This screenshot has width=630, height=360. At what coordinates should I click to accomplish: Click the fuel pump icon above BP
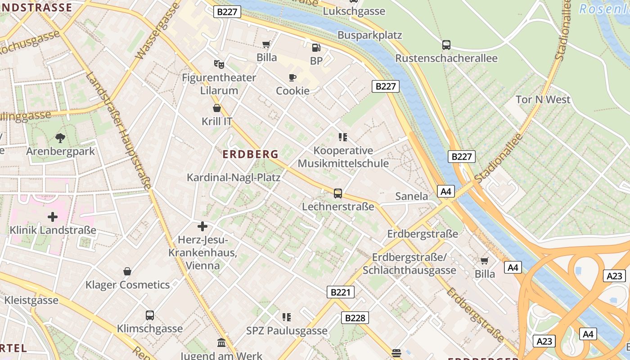316,47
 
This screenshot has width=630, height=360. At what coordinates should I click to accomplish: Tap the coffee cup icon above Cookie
292,78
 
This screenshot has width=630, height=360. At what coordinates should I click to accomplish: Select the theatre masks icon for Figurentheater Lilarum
219,64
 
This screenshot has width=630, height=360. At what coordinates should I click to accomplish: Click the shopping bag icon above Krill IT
217,108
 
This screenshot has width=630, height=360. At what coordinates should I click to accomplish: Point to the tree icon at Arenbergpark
60,138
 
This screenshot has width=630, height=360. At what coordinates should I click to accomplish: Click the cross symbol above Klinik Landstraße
53,217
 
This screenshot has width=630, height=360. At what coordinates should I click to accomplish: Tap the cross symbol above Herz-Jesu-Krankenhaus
202,226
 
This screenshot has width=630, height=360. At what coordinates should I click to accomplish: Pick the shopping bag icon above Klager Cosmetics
127,271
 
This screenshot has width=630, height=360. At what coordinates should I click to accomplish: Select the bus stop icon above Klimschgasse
150,315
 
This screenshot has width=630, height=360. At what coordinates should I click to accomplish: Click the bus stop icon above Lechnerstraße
338,193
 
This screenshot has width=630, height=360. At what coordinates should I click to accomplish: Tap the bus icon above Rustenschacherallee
446,45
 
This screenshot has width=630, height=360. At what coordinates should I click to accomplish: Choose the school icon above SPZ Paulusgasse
287,317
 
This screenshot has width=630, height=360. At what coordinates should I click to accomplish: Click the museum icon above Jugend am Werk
221,343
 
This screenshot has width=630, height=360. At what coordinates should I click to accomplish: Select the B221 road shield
340,292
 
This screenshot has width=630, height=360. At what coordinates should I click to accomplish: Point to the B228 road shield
355,318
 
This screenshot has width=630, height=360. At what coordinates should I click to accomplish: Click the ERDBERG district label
251,154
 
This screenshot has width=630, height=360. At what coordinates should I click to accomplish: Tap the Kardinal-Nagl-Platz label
234,177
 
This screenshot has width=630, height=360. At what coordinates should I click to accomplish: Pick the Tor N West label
543,99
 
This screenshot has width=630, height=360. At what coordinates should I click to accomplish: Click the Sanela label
411,196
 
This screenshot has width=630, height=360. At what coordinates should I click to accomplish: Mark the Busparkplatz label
369,35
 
